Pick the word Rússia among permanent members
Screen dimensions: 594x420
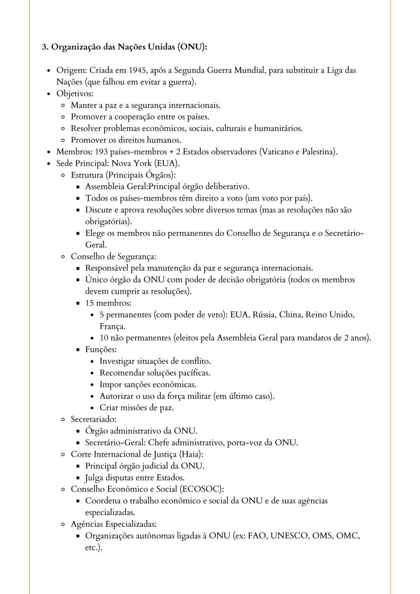264,314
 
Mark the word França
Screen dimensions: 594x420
112,326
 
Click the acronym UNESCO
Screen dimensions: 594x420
289,536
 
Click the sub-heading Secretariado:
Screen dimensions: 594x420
93,419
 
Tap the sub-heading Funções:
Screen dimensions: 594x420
101,349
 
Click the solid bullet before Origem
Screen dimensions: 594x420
49,71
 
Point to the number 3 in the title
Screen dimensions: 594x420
44,47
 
